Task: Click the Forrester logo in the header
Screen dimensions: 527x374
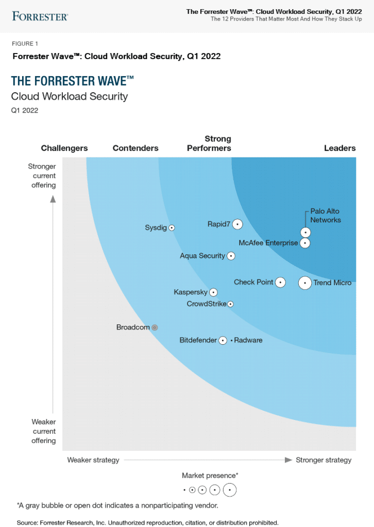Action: point(40,16)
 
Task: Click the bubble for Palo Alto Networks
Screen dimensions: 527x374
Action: point(305,232)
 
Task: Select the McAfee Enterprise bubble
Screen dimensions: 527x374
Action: point(305,242)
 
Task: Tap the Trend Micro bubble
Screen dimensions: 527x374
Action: point(305,283)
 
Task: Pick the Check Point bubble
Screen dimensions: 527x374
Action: point(280,282)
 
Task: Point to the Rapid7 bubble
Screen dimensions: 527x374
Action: point(237,224)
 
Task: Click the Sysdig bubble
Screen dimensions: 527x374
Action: point(172,227)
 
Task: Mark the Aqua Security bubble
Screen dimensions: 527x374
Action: point(231,256)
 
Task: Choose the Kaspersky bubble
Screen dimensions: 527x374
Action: point(214,292)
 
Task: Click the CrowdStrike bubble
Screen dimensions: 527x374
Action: point(231,304)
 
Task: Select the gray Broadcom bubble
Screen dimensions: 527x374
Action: point(155,327)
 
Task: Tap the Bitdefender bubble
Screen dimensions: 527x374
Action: point(223,340)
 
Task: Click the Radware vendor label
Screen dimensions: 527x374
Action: point(248,340)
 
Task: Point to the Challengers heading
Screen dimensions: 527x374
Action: point(64,148)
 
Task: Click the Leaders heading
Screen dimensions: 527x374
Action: point(339,148)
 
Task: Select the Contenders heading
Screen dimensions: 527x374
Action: point(135,148)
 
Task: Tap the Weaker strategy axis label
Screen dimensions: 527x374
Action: point(93,460)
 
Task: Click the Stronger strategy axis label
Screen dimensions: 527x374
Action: point(324,460)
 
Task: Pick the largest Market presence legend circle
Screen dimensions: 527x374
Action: point(230,490)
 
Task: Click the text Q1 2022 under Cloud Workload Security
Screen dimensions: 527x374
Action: point(25,110)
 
